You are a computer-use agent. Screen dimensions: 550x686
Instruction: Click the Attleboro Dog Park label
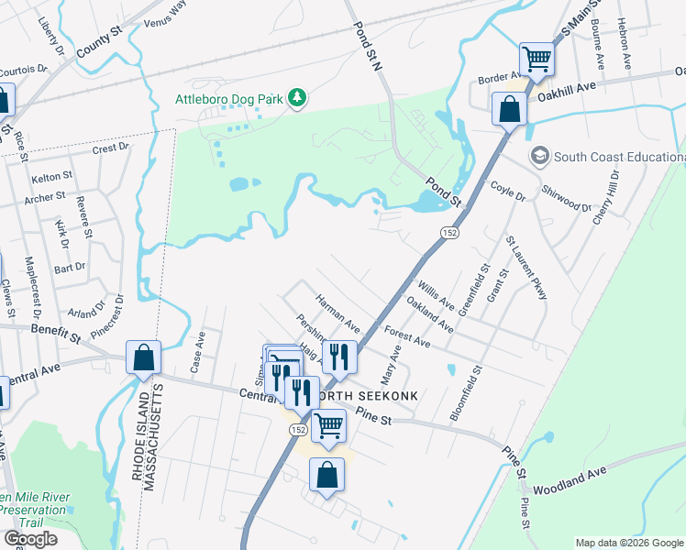click(x=228, y=98)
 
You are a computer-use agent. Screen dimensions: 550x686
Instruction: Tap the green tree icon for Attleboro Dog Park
click(x=296, y=98)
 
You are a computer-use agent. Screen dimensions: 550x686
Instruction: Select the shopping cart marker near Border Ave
click(x=537, y=60)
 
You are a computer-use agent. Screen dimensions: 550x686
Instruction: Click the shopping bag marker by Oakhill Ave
click(x=509, y=109)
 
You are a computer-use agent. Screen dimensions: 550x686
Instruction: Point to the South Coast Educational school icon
click(x=538, y=156)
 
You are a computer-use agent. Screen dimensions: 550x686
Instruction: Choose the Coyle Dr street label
click(x=508, y=191)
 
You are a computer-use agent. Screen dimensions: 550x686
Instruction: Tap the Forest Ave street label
click(x=407, y=335)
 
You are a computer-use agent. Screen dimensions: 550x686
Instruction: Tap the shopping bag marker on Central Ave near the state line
click(x=144, y=358)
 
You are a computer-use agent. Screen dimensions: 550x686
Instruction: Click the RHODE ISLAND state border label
click(x=136, y=476)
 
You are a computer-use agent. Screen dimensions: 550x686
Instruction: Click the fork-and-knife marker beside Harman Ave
click(x=340, y=357)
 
